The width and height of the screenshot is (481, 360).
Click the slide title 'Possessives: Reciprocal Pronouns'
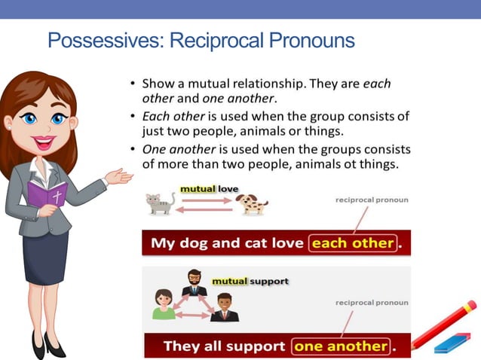201,40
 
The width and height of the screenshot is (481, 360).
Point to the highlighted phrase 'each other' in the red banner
353,243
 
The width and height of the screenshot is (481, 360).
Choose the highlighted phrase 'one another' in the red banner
342,346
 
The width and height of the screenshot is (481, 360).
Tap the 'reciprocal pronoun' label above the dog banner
372,200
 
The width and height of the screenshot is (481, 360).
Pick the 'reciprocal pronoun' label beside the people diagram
372,302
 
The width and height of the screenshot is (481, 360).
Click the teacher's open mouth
41,141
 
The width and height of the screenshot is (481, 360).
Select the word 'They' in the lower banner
182,346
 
